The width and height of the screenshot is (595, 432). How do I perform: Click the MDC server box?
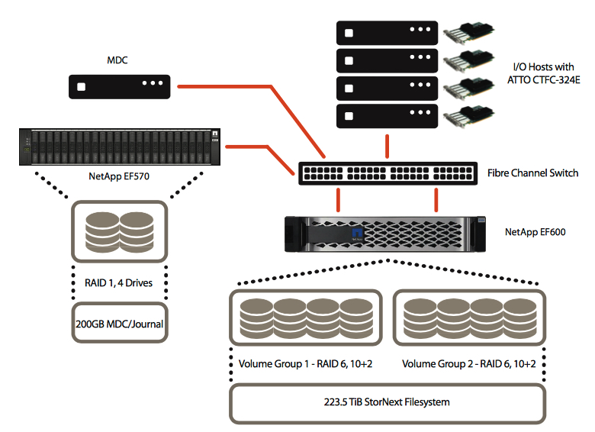point(122,85)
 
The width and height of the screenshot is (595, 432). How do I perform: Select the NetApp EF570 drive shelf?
point(118,147)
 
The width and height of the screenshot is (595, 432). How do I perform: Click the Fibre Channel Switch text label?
point(532,173)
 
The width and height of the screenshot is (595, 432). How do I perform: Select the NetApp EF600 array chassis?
point(386,234)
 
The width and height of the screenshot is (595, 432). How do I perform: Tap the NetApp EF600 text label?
point(535,231)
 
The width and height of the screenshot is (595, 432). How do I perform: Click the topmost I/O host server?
point(387,34)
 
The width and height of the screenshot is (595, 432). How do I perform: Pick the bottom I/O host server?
point(387,116)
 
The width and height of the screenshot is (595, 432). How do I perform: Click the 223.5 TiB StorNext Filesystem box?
point(387,403)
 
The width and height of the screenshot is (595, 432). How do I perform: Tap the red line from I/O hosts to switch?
point(387,145)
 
